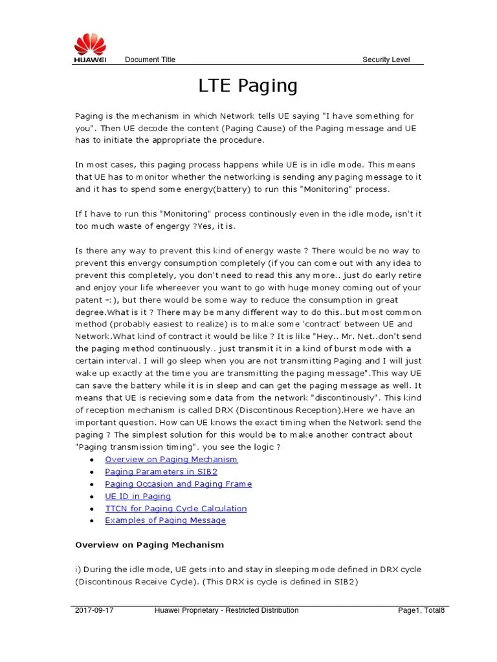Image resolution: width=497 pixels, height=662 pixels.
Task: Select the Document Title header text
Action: [x=149, y=60]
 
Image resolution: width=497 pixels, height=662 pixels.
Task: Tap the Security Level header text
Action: [x=385, y=60]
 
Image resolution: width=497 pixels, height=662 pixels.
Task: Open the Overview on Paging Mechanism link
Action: [x=171, y=460]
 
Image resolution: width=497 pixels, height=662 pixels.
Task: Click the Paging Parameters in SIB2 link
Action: [x=160, y=472]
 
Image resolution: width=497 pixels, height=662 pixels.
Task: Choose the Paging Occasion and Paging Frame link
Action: [x=178, y=484]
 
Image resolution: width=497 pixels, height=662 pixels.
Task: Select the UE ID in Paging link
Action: [x=137, y=496]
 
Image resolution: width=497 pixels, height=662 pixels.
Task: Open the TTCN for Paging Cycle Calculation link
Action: [x=175, y=509]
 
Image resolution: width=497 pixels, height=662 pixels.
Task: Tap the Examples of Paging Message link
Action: [x=165, y=521]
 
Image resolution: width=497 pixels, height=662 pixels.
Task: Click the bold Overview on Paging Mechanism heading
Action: [x=149, y=545]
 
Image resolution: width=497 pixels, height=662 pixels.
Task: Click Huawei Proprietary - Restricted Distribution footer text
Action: [x=226, y=610]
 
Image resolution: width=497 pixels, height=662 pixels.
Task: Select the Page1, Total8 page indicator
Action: [x=421, y=610]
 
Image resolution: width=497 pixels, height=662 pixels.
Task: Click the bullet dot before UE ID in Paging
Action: [x=93, y=497]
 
